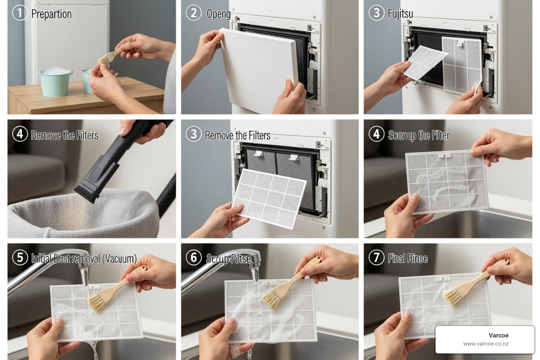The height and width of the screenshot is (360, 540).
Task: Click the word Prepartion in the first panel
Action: [x=51, y=14]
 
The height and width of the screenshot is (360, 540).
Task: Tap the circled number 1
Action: [x=20, y=13]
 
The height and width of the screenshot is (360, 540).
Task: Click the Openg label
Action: [x=218, y=14]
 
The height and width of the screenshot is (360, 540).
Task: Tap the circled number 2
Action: [x=193, y=13]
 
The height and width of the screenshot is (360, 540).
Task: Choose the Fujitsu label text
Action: [x=400, y=14]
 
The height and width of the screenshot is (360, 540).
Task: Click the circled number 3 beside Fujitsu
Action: [x=376, y=13]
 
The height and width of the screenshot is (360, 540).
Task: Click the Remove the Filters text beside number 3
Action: [x=237, y=135]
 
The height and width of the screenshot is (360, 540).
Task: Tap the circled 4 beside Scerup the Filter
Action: [x=376, y=134]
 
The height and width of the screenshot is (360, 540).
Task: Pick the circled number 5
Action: [x=20, y=257]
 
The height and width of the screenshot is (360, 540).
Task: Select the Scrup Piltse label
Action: [x=228, y=259]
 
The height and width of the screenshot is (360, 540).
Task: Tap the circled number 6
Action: [x=193, y=257]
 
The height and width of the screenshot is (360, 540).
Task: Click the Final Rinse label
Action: [x=407, y=259]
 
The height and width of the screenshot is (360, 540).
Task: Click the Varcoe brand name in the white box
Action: [x=498, y=335]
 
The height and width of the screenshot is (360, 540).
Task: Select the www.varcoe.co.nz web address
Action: [x=486, y=344]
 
